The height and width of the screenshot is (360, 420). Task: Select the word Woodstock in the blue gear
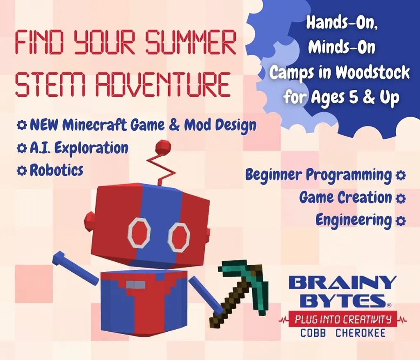pos(372,72)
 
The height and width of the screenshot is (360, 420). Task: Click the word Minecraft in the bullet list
pos(95,125)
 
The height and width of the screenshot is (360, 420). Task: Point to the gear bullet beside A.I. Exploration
pos(21,148)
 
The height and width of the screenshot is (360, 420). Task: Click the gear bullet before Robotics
pos(21,171)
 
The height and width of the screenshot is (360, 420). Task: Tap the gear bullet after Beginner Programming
pos(400,175)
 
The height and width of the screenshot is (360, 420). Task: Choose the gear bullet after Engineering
pos(400,221)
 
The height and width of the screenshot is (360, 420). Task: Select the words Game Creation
pos(345,198)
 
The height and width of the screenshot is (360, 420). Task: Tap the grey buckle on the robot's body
pos(136,285)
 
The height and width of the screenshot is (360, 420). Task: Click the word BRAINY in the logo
pos(342,283)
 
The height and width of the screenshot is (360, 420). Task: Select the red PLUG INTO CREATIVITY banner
pos(343,319)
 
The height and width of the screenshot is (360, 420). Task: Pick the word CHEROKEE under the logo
pos(361,333)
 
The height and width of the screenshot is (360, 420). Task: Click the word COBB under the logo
pos(313,333)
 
